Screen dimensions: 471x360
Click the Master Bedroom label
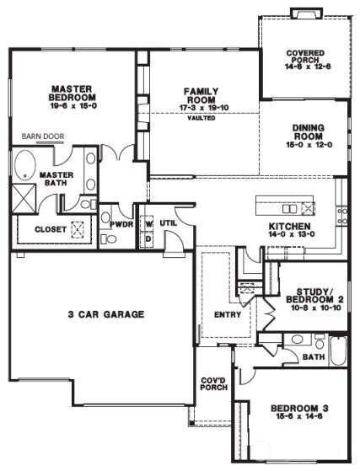(x=70, y=94)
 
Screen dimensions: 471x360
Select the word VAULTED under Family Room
(x=201, y=118)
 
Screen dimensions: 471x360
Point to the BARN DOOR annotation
(x=43, y=135)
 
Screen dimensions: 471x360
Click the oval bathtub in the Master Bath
(x=23, y=165)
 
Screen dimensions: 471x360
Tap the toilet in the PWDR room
(x=107, y=238)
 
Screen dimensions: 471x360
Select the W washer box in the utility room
(x=149, y=224)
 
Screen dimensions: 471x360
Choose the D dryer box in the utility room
(x=149, y=239)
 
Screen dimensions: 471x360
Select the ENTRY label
(x=228, y=315)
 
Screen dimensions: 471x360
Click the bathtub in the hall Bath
(x=337, y=350)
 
